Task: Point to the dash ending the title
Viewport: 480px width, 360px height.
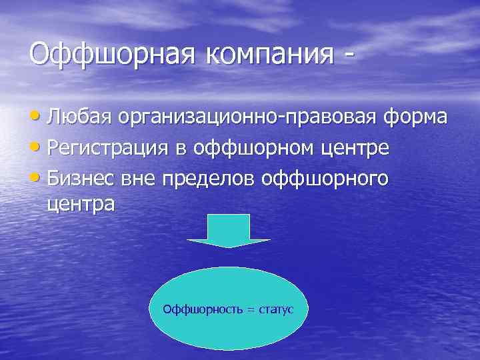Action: coord(347,55)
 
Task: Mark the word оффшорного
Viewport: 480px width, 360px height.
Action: coord(327,179)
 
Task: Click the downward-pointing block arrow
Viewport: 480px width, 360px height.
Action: coord(229,231)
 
